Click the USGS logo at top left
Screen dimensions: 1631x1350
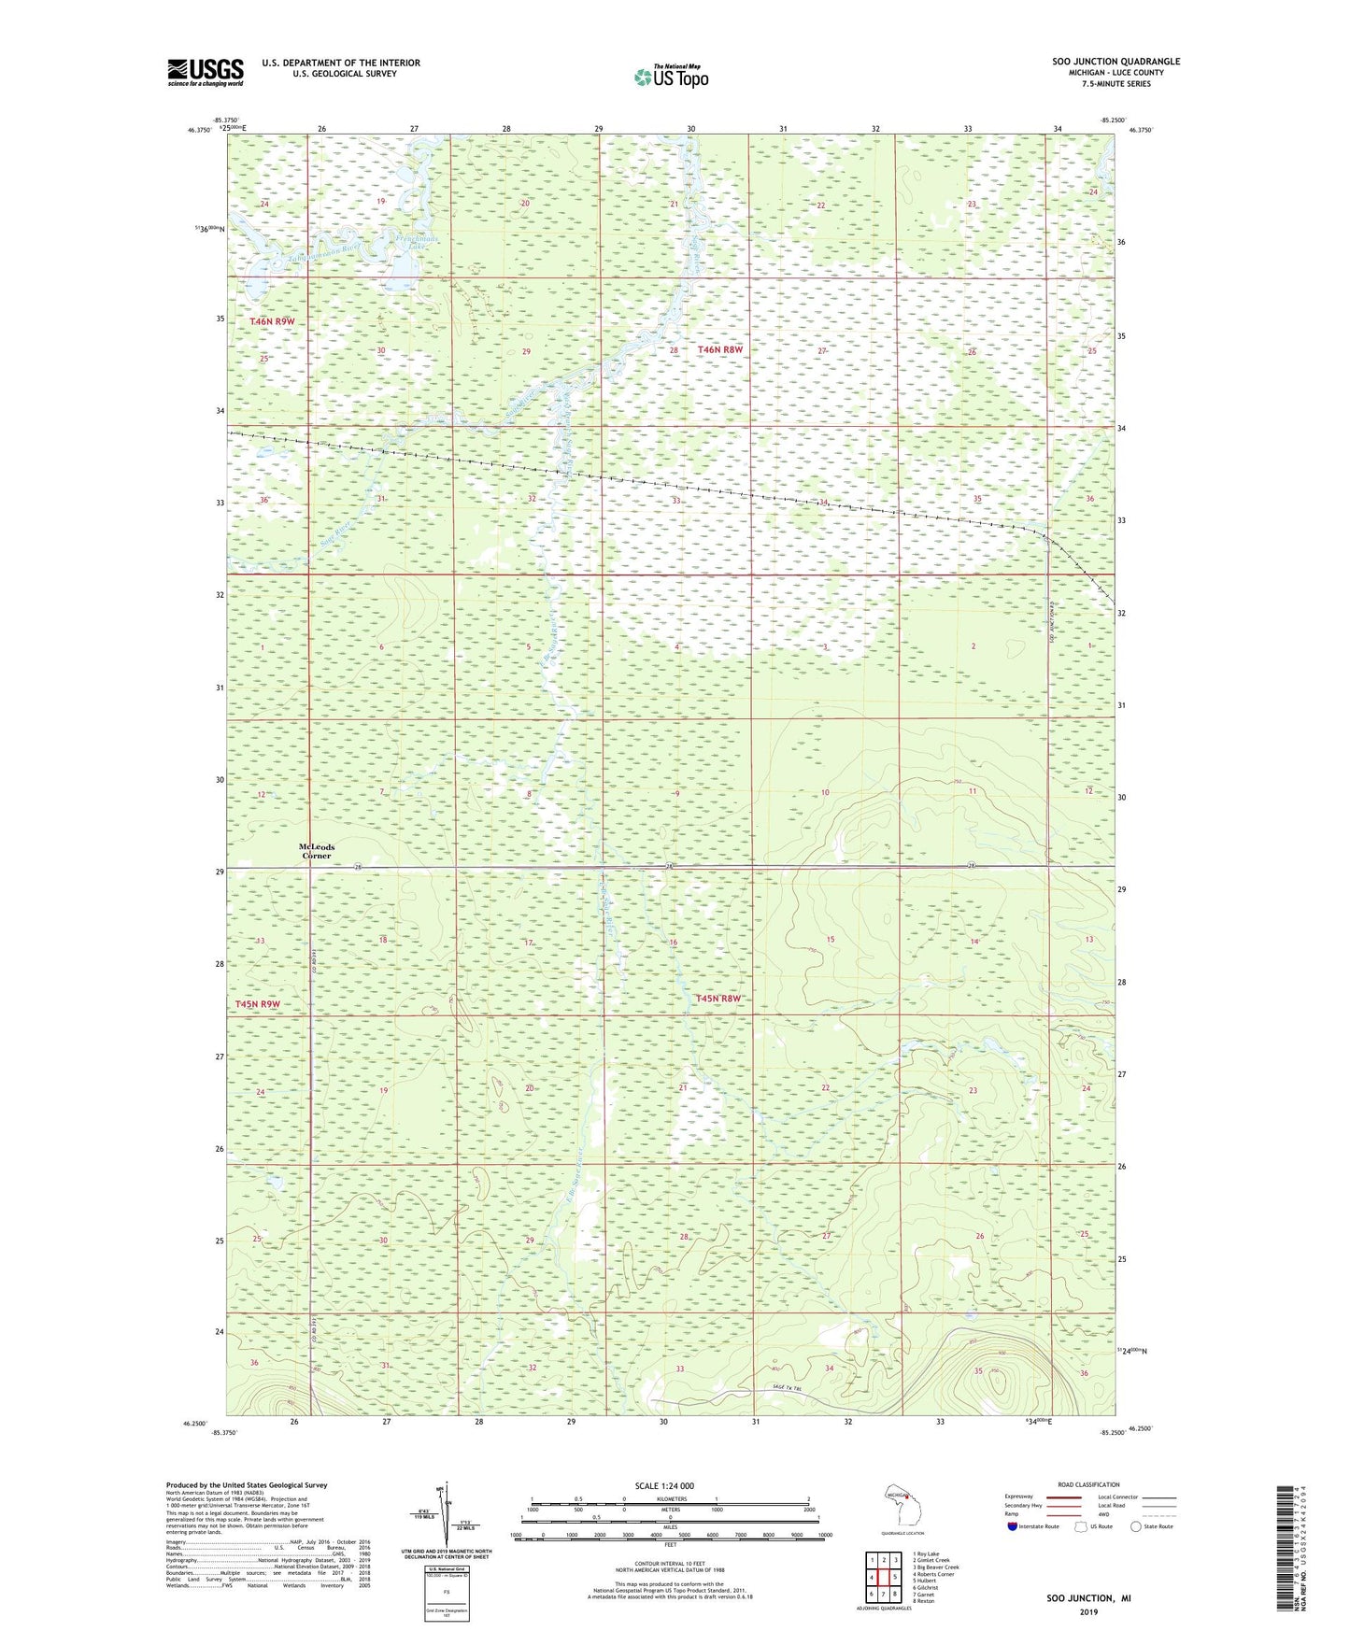(x=206, y=72)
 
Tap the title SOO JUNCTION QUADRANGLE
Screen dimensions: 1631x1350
(x=1116, y=62)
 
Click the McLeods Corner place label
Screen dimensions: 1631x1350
(x=316, y=851)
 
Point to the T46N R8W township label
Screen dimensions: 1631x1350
(x=719, y=349)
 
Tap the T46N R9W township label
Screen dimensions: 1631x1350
(x=272, y=321)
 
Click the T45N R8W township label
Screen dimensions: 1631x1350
(x=718, y=999)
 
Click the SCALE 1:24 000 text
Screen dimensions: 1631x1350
(x=664, y=1485)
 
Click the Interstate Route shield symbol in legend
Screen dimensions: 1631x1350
(x=1012, y=1526)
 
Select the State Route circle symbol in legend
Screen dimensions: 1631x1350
(x=1136, y=1526)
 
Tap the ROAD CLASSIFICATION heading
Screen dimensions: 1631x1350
(x=1089, y=1484)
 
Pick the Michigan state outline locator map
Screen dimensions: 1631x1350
(x=901, y=1506)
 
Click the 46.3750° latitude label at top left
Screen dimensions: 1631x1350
(x=197, y=132)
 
